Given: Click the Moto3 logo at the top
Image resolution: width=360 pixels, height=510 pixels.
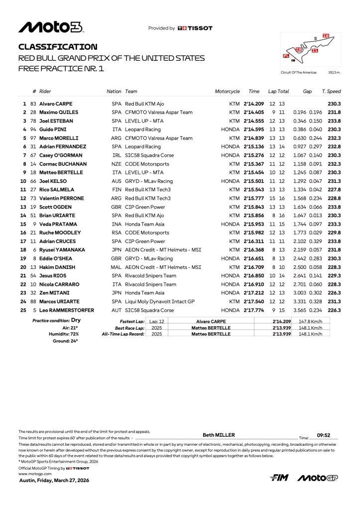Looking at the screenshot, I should [51, 27].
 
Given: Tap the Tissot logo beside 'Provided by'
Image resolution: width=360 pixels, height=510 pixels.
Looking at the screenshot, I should [195, 28].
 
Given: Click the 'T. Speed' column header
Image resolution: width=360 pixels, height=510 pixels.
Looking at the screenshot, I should [331, 92].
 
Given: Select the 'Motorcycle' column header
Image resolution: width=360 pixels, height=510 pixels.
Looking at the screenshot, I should [227, 92].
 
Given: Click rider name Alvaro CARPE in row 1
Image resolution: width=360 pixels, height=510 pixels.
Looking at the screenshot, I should [56, 104].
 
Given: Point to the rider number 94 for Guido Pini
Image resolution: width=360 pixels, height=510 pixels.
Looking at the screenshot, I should [33, 129].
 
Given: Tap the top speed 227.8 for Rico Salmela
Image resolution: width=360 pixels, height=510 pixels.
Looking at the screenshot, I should [334, 190].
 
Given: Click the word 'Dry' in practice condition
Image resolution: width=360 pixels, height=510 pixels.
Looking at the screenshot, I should [76, 320].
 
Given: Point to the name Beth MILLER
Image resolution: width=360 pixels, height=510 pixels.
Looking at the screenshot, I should [219, 435].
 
